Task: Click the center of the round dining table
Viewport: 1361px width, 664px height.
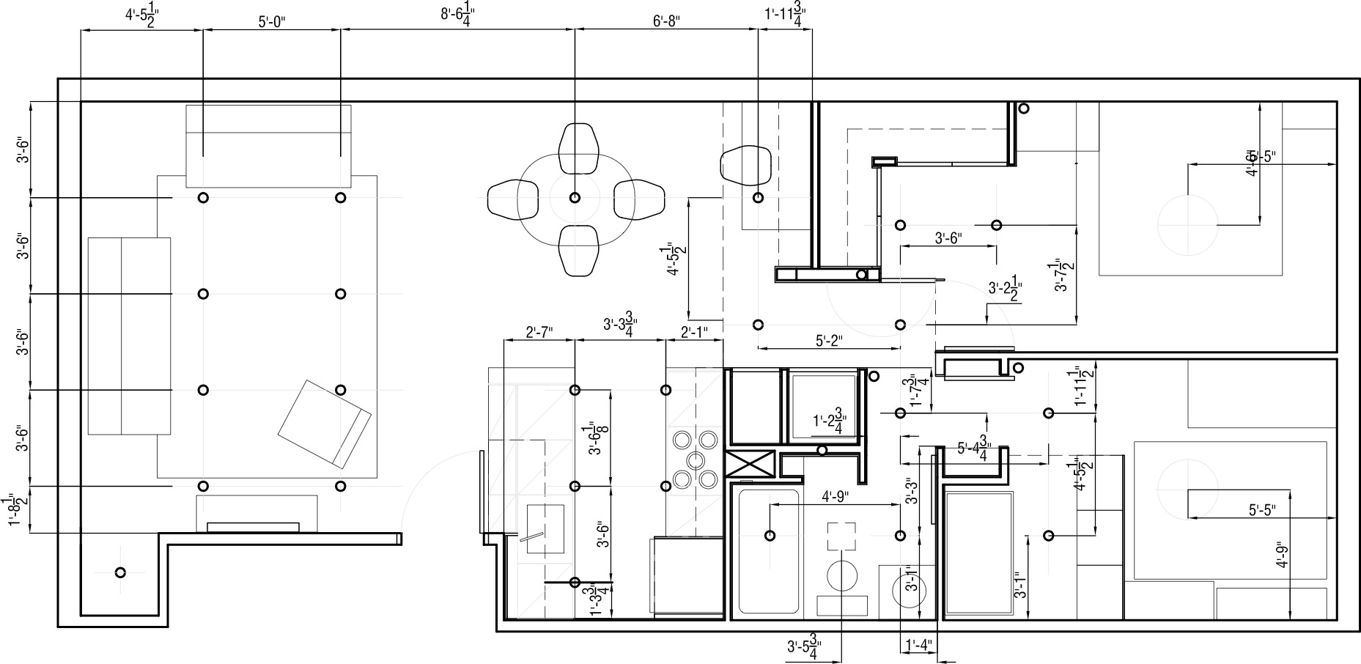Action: pos(575,197)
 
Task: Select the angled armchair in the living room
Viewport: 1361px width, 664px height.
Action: pos(324,423)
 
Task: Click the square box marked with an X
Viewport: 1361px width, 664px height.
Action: pos(750,464)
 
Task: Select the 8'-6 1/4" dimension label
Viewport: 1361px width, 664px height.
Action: pos(457,15)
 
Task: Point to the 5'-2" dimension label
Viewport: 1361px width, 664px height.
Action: pos(829,340)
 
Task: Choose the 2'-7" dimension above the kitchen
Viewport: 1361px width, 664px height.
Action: pos(539,332)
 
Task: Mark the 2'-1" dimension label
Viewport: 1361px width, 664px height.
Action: pos(694,332)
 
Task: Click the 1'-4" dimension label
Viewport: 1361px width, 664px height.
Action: pos(918,646)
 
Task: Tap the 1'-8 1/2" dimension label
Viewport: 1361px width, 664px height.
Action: pos(16,509)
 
